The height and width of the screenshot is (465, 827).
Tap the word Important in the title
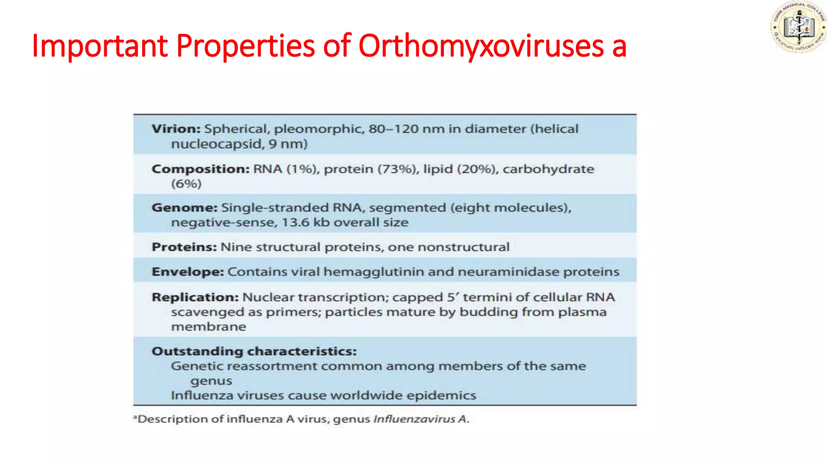[99, 46]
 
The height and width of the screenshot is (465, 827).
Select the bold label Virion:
[176, 129]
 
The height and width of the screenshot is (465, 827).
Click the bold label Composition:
[200, 169]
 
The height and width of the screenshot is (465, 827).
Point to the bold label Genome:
[184, 208]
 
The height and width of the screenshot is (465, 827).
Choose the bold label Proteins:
[184, 247]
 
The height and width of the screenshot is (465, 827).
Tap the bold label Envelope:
[187, 272]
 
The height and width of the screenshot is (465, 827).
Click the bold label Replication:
[195, 297]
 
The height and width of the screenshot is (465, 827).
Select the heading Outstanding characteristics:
[254, 352]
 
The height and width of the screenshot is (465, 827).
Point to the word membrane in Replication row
[208, 327]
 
